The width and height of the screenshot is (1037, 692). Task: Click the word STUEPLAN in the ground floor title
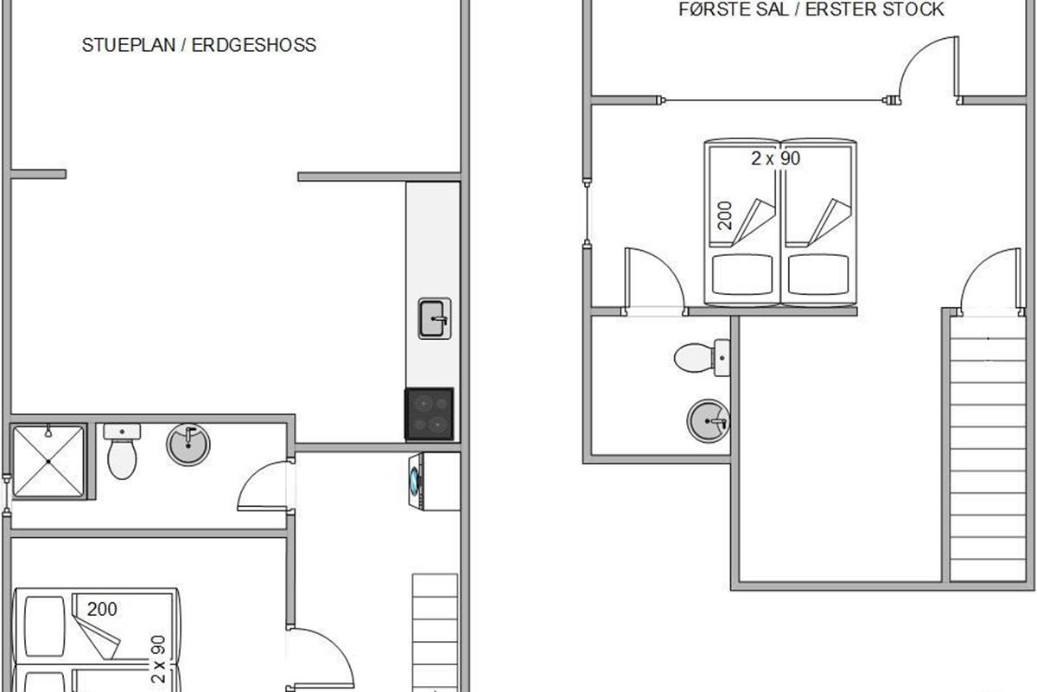pos(128,45)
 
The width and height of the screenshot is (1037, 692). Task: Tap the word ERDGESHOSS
pos(254,45)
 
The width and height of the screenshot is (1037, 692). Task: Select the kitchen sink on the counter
pos(434,318)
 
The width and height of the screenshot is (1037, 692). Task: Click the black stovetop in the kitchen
pos(429,413)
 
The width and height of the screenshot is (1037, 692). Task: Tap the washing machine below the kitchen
pos(434,482)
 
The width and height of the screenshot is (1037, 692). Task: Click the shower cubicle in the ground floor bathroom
pos(48,462)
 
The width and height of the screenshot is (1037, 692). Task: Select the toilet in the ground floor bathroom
pos(122,451)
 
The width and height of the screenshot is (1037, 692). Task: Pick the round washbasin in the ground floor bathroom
pos(188,445)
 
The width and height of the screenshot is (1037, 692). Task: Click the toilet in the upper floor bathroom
pos(702,357)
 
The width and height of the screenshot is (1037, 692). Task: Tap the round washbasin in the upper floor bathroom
pos(708,421)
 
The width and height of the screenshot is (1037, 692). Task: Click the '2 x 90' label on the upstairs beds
pos(775,158)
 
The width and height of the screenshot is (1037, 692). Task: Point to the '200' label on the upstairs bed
pos(725,215)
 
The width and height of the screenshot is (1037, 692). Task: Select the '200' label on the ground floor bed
pos(102,609)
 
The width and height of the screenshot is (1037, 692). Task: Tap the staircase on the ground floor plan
pos(435,632)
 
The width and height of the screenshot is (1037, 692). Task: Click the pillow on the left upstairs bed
pos(742,274)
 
